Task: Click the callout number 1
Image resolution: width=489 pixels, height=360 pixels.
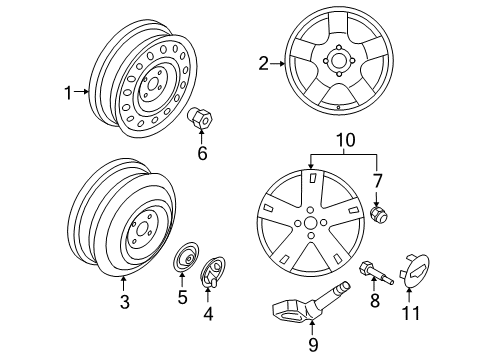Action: pos(69,93)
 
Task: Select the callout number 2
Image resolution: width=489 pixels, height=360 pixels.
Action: pos(264,65)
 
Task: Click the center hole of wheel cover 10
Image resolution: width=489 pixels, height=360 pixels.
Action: pos(312,242)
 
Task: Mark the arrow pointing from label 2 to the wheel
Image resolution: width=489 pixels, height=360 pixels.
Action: pos(280,65)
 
